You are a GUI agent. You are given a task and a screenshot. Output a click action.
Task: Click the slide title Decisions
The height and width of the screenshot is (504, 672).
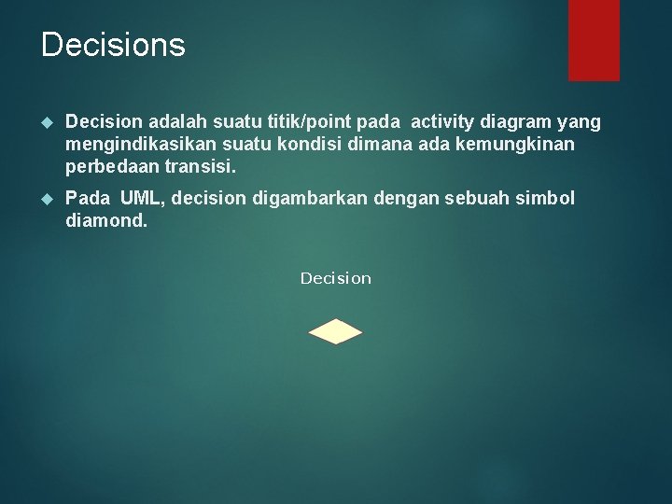113,45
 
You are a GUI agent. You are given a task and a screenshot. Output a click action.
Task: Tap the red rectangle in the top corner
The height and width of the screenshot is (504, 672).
594,39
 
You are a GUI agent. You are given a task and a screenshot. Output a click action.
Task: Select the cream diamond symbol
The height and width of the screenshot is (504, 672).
335,332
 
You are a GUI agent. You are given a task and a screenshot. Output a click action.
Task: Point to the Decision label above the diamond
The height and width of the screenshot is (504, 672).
335,278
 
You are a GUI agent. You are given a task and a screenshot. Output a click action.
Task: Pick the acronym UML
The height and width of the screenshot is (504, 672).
140,199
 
